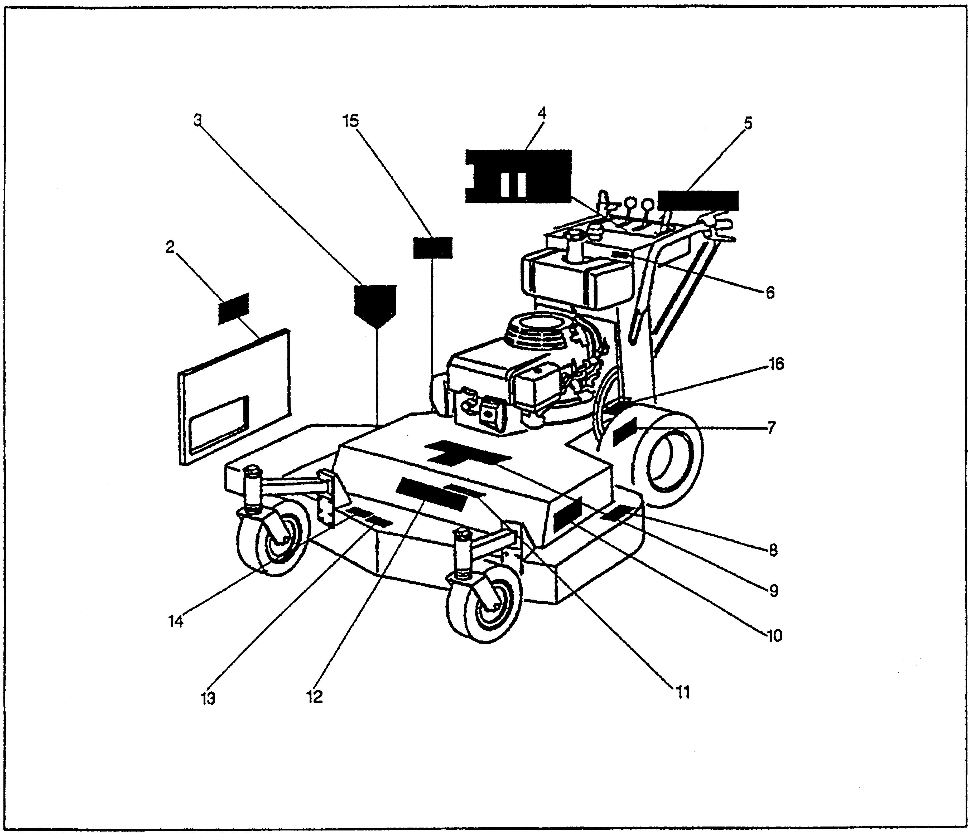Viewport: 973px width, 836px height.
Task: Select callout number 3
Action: pyautogui.click(x=198, y=120)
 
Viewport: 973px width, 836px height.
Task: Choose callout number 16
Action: pyautogui.click(x=775, y=364)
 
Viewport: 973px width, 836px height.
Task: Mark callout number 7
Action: pyautogui.click(x=772, y=428)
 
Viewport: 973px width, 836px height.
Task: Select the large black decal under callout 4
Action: pyautogui.click(x=518, y=176)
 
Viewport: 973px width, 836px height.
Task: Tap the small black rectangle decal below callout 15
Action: pyautogui.click(x=432, y=248)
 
